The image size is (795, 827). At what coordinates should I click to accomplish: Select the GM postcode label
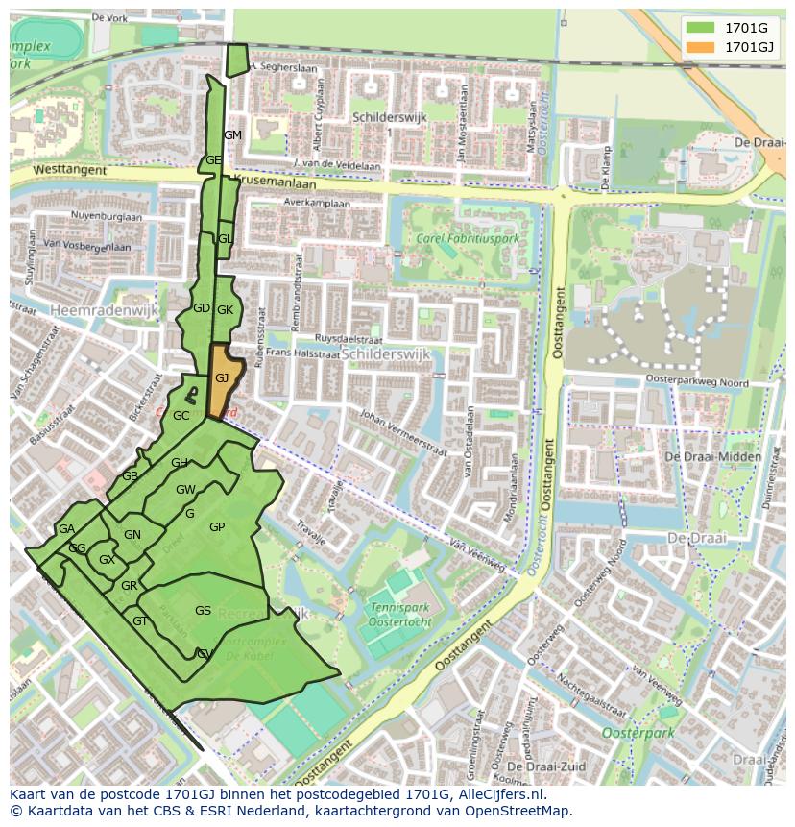point(232,135)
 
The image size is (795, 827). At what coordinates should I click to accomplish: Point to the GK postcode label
point(226,310)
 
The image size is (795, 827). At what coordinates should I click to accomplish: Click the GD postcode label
point(201,308)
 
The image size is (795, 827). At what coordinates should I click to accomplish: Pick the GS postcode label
point(203,611)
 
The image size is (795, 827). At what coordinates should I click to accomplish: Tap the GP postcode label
point(217,527)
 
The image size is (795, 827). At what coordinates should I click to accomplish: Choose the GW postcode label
point(185,490)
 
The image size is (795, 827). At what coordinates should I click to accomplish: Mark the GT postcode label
point(140,621)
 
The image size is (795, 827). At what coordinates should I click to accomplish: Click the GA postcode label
point(66,529)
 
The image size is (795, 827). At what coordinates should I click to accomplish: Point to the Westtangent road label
point(60,169)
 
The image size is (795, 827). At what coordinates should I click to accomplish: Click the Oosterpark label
point(638,733)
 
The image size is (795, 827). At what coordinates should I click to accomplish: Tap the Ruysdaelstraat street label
point(350,339)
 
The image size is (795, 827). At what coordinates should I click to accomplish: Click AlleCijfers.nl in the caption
point(498,794)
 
